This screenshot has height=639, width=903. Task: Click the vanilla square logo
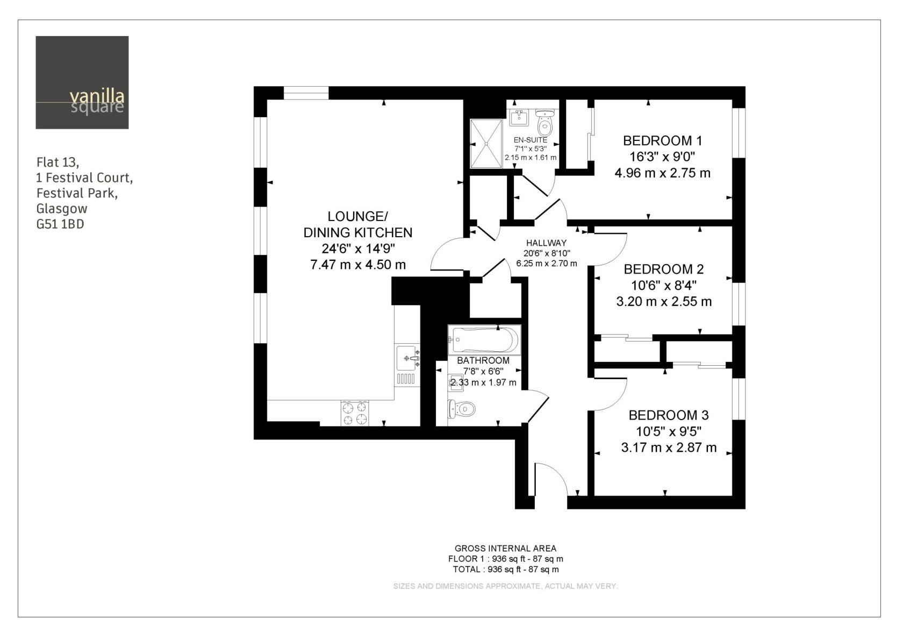82,83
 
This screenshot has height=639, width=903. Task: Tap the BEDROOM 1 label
662,141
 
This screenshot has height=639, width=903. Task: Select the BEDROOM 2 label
663,269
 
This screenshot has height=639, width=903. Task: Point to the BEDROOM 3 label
669,415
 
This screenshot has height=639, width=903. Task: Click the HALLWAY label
546,243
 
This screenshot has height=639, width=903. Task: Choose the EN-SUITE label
531,140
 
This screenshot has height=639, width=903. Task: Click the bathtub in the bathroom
485,340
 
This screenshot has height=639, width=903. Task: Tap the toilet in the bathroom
462,409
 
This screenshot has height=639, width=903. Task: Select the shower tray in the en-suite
486,143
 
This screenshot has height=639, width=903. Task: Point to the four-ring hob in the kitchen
355,414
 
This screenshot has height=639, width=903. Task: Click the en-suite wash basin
519,117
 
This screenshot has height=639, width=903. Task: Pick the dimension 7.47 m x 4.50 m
358,265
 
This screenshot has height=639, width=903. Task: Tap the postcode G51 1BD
60,224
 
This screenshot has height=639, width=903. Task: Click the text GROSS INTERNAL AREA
505,549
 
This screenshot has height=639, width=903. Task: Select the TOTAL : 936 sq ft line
505,570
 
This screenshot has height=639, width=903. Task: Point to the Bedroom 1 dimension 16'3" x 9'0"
662,157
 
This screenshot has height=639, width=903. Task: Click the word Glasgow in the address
62,209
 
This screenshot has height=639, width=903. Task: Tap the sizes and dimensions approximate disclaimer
505,586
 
